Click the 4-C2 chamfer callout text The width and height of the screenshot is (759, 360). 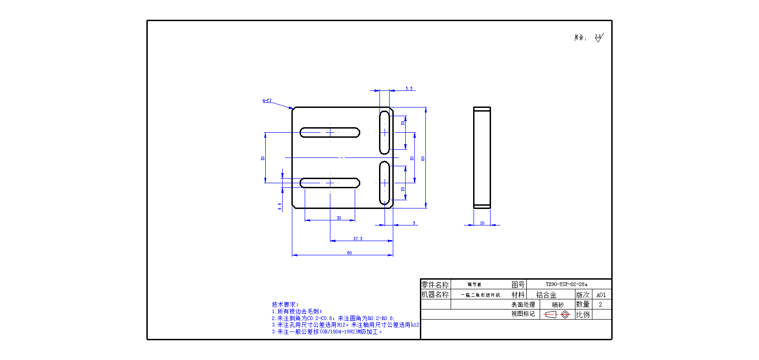coord(267,100)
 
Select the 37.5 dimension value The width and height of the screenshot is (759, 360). coord(358,238)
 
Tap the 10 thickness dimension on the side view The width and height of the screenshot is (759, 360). coord(482,223)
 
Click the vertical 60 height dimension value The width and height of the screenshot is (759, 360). coord(423,158)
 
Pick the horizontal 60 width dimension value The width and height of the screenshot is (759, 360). coord(349,253)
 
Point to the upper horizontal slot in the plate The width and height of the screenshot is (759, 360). coord(329,133)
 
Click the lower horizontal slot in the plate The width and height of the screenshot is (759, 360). coord(329,183)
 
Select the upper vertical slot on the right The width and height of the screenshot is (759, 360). coord(385,132)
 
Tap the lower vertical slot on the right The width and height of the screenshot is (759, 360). coord(385,183)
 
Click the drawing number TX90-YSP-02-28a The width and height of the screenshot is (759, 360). coord(566,284)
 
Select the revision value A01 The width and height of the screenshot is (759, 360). coord(601,295)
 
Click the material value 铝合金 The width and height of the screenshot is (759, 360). coord(546,295)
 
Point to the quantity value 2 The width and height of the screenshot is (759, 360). coord(600,304)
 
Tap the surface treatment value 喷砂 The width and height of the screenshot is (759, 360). coord(558,305)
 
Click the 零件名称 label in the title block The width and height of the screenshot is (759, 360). coord(435,285)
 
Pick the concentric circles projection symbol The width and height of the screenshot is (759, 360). coord(565,315)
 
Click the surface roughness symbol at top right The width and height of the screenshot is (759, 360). coord(598,38)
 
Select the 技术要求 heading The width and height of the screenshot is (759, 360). coord(285,304)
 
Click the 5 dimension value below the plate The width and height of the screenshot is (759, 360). coord(414,223)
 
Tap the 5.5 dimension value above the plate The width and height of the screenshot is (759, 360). coord(409,89)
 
